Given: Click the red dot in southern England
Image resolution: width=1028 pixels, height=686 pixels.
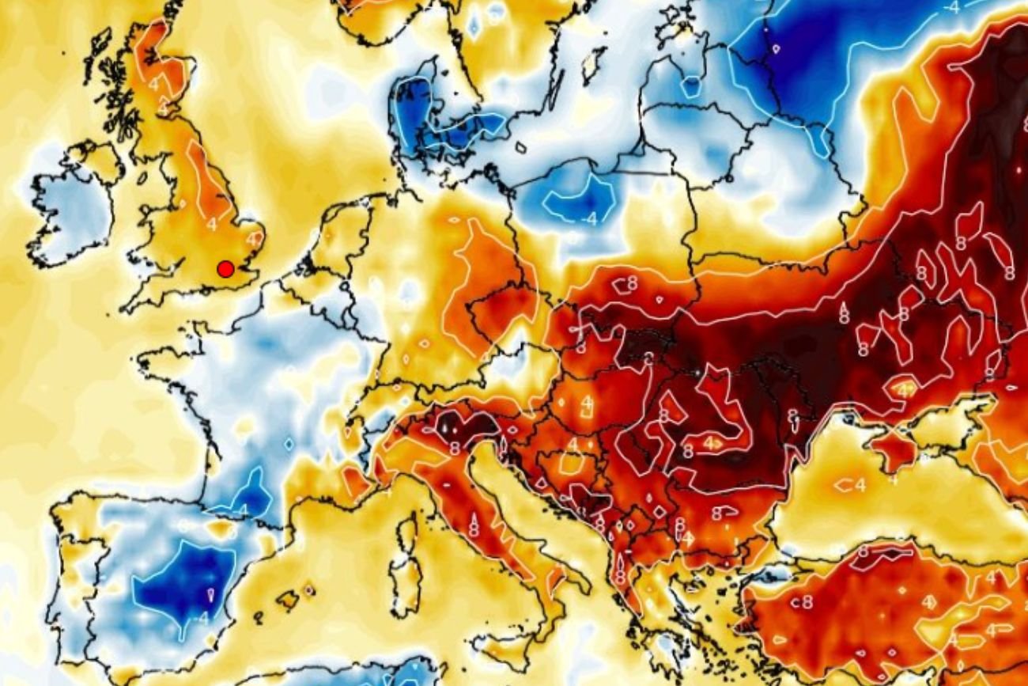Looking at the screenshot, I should [225, 269].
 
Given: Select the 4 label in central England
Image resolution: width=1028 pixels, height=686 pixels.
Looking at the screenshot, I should [211, 224].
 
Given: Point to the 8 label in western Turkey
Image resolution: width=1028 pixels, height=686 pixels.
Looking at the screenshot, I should [806, 601].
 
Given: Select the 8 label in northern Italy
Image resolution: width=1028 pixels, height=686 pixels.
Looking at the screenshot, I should [455, 448].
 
